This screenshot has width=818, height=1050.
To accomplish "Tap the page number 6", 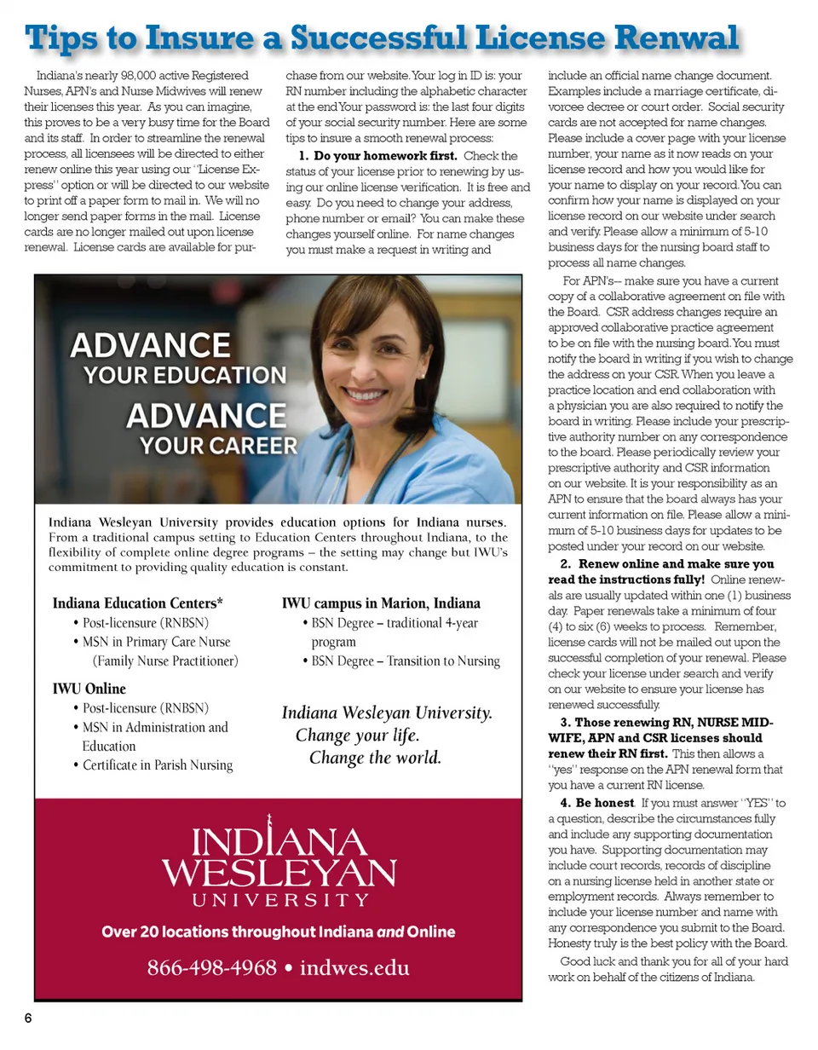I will point(27,1019).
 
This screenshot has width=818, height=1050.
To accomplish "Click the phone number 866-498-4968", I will point(212,968).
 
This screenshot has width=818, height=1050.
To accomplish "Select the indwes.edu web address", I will point(354,968).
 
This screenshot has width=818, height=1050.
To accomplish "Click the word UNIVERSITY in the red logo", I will point(279,899).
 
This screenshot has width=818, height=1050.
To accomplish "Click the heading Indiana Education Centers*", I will point(138,604).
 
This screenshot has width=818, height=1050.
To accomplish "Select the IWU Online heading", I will point(89,689).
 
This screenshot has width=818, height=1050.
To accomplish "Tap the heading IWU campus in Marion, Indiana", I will point(381,604).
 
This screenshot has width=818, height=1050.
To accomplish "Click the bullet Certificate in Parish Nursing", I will point(158,765).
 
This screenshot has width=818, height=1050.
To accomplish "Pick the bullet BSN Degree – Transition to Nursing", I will point(405,661).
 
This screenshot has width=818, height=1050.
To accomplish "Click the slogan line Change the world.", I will point(375,758).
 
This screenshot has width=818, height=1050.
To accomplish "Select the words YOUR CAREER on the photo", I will point(218,445).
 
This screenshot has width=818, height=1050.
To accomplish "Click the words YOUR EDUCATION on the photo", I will point(185,375).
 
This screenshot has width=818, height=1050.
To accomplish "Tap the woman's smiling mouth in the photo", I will point(367,396).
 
